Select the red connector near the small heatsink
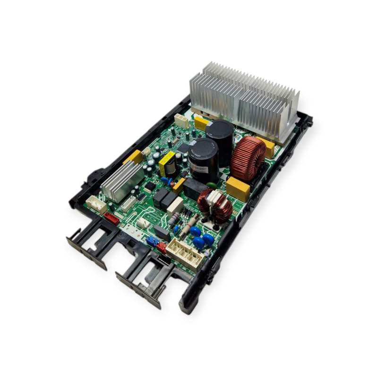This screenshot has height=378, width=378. [111, 218]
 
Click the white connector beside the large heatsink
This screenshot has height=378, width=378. [181, 120]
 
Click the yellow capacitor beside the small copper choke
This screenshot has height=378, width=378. [238, 188]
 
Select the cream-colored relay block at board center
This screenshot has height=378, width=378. [175, 206]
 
